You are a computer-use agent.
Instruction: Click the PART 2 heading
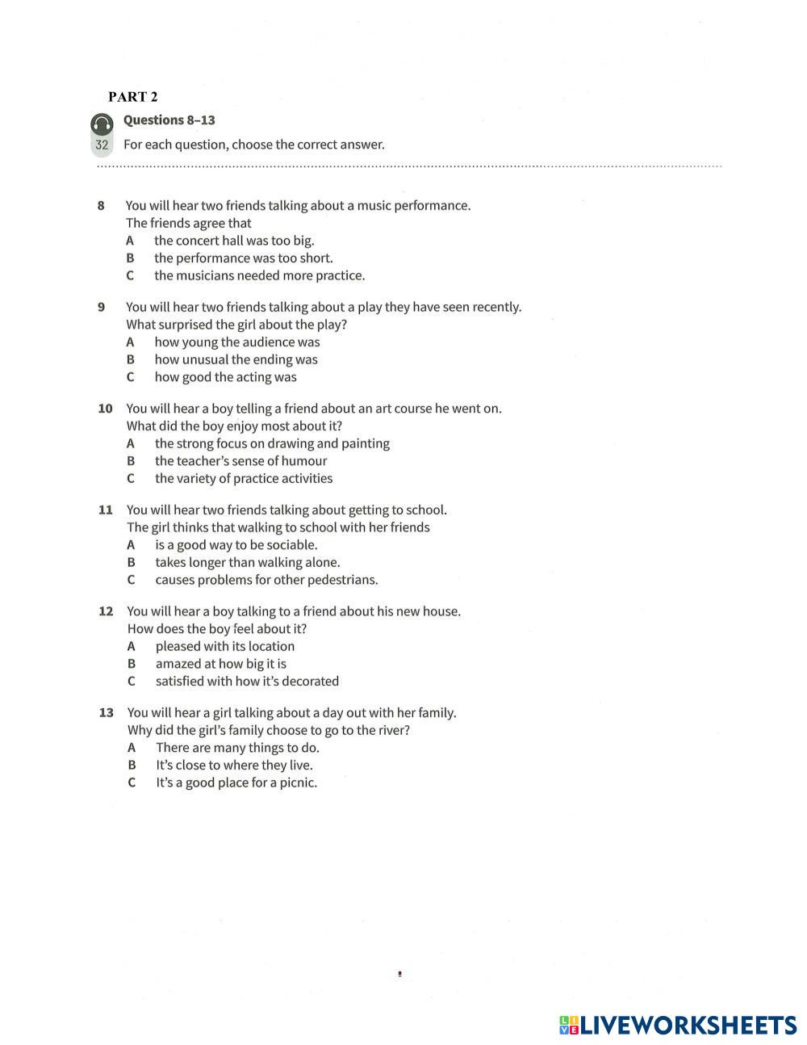[133, 97]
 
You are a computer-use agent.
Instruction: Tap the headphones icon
[102, 124]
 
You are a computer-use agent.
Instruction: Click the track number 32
[102, 145]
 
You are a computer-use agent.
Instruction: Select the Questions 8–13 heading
[169, 120]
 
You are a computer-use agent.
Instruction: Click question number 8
[101, 206]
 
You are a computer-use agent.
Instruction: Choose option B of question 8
[243, 258]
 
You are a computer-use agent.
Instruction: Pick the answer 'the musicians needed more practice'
[259, 276]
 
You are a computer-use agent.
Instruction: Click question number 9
[101, 308]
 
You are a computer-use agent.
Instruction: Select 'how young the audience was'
[237, 342]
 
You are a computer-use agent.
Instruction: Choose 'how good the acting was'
[225, 377]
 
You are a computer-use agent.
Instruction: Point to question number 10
[105, 409]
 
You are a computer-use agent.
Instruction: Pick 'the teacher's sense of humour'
[240, 461]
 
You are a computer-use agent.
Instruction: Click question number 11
[105, 510]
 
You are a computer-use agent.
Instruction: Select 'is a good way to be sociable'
[236, 545]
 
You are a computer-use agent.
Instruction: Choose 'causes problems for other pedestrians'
[266, 580]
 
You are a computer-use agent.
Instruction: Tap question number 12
[106, 611]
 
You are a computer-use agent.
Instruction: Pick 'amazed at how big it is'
[220, 664]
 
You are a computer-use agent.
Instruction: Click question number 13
[106, 713]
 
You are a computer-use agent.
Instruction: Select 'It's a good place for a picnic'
[236, 783]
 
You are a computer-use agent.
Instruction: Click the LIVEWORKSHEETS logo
[677, 1026]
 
